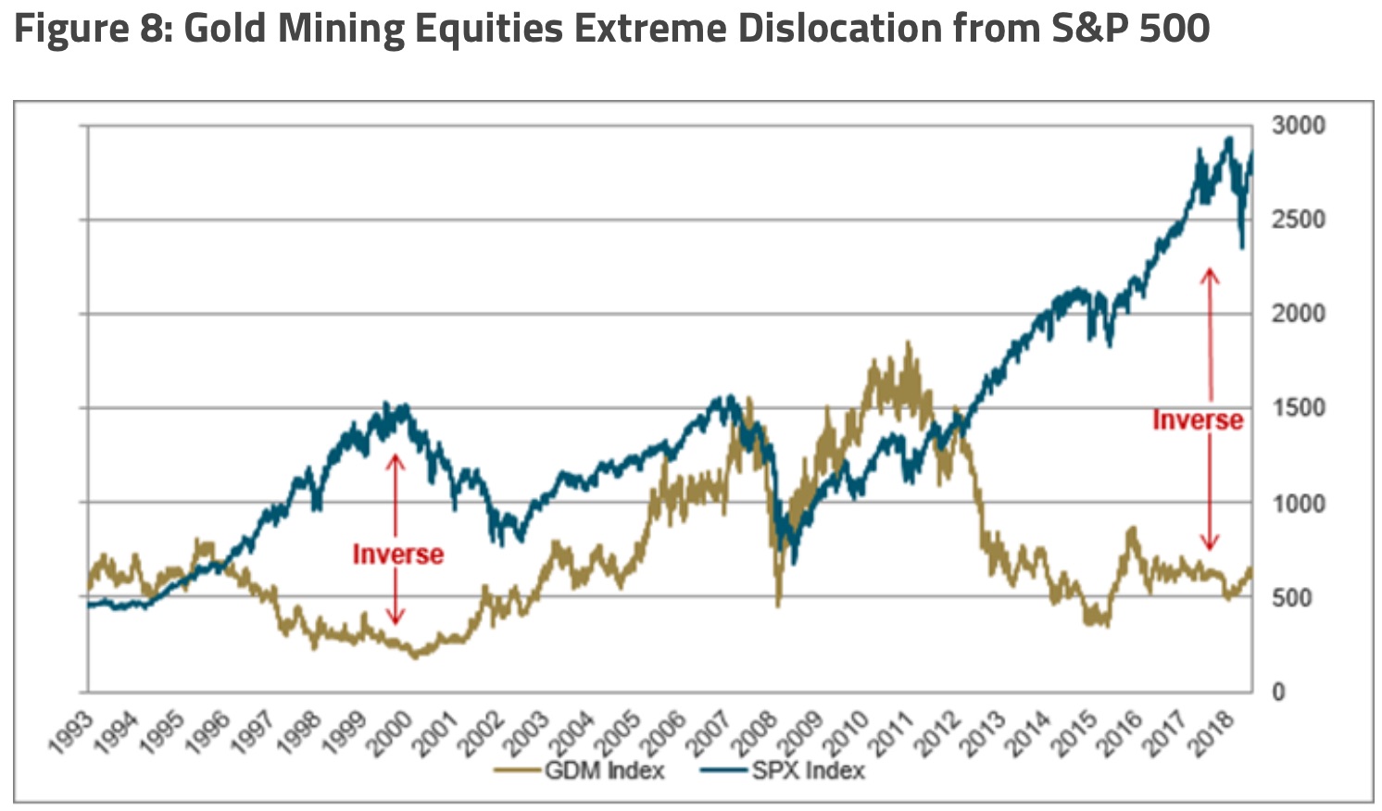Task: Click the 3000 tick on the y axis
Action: [x=1298, y=125]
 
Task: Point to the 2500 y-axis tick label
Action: [x=1298, y=220]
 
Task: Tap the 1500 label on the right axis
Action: [x=1298, y=408]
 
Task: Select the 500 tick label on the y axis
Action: [x=1291, y=598]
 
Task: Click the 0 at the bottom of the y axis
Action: [x=1278, y=692]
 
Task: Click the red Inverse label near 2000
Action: [x=397, y=554]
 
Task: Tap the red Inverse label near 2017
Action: [x=1197, y=420]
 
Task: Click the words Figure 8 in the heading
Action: [x=89, y=29]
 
